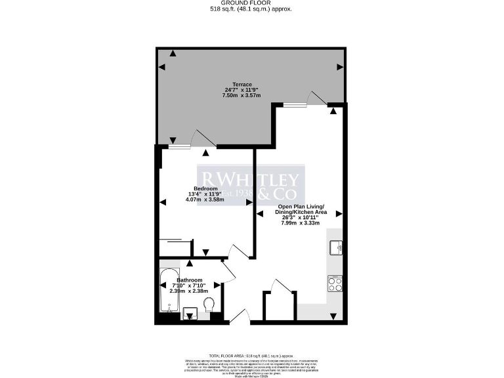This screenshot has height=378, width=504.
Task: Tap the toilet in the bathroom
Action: (x=209, y=306)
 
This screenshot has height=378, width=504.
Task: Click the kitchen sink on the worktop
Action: (x=335, y=247)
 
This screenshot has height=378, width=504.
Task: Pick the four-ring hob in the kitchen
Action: (x=335, y=284)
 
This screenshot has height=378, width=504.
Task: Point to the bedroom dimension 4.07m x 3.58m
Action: (x=205, y=199)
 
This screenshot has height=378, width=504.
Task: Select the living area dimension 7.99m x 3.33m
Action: (x=300, y=223)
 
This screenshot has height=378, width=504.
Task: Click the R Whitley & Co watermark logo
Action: (x=249, y=186)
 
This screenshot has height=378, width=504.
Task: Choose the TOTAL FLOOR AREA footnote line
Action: (x=251, y=354)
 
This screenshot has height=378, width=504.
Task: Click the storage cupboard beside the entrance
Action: (x=275, y=304)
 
